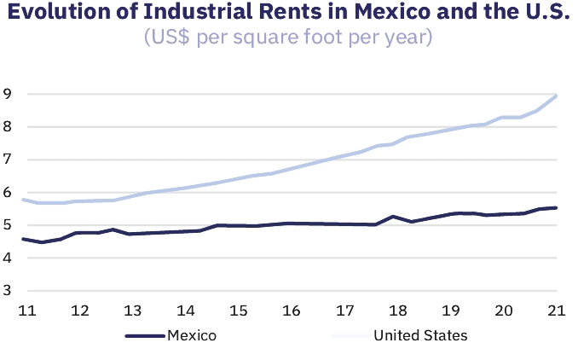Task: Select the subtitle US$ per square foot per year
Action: (288, 38)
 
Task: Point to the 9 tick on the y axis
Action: (7, 94)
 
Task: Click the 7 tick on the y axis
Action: (7, 160)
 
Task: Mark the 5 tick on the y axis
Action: (7, 225)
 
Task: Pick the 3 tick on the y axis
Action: (7, 291)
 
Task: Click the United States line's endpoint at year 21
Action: (556, 96)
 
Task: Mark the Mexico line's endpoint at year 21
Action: (556, 207)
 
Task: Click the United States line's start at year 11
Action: (23, 200)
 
